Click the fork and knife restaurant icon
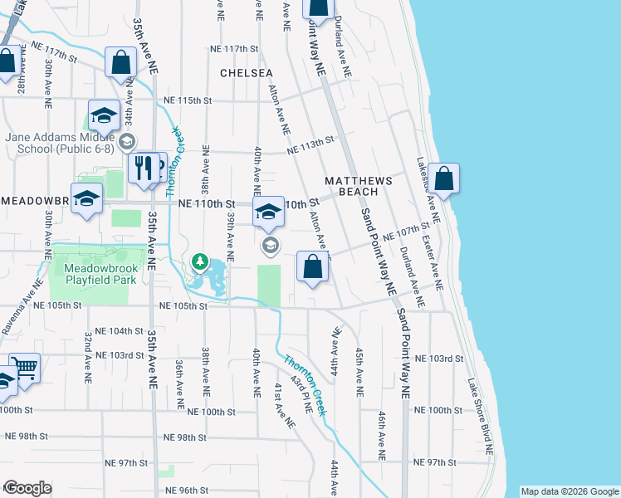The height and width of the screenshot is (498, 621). coord(144,168)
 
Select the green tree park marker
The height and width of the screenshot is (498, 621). coord(200,263)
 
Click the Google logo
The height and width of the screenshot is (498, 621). coord(27,488)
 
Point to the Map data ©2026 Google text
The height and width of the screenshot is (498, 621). coord(570,491)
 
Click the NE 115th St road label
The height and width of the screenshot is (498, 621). coord(188,100)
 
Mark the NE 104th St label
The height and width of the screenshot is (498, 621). coord(120,330)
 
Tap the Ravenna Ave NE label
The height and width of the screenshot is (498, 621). coord(17,310)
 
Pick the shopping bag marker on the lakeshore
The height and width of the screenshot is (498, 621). coord(444,178)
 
